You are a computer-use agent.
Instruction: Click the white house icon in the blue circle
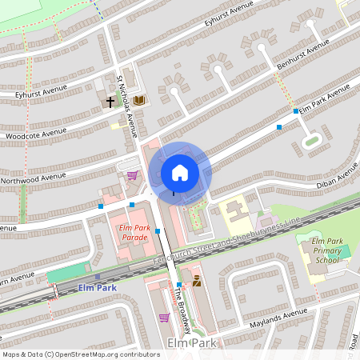pyautogui.click(x=180, y=172)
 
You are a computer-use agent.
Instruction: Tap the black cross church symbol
pyautogui.click(x=111, y=102)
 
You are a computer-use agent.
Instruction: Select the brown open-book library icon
pyautogui.click(x=139, y=100)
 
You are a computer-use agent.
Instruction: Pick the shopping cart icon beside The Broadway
pyautogui.click(x=164, y=318)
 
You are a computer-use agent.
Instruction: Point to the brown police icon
pyautogui.click(x=196, y=281)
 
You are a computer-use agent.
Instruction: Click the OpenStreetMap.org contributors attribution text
pyautogui.click(x=104, y=354)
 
